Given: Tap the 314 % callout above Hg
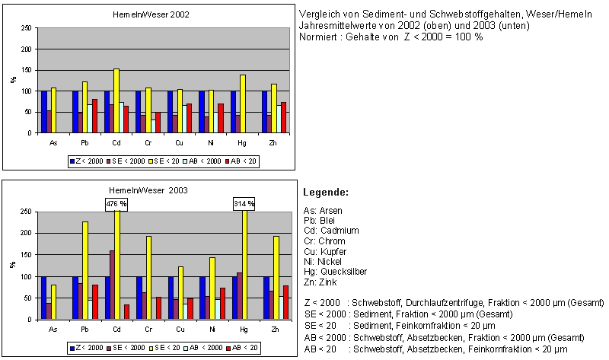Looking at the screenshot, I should (244, 203).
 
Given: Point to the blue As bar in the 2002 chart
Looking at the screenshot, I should (44, 112).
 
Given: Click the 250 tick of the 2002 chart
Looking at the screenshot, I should (27, 28).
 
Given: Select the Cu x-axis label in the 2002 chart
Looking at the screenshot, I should (179, 142).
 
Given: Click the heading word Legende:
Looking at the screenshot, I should (326, 193).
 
